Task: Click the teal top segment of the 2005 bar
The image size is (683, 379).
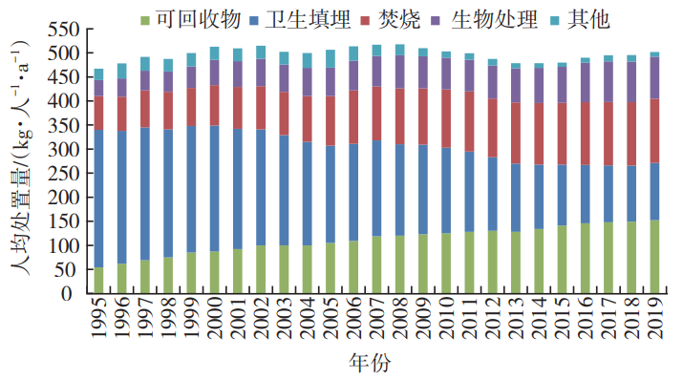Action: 330,58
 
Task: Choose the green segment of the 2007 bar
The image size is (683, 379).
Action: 376,265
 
